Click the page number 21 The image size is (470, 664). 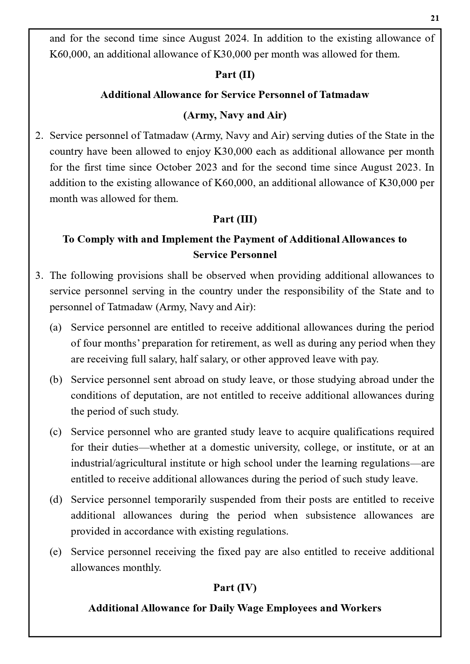[435, 18]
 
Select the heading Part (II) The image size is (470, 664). [235, 75]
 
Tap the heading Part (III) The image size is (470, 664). [235, 219]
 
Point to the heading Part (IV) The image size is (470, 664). [235, 588]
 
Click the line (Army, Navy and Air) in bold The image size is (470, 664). [235, 115]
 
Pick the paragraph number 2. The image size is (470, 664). [39, 135]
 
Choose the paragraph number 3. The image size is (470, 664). [39, 275]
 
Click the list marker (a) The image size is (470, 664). [56, 327]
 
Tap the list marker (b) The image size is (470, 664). [56, 379]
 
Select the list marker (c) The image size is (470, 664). [56, 432]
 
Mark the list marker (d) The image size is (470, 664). [56, 499]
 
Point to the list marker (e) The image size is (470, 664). [56, 552]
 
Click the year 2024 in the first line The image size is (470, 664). [236, 38]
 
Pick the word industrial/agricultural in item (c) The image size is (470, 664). [119, 463]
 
